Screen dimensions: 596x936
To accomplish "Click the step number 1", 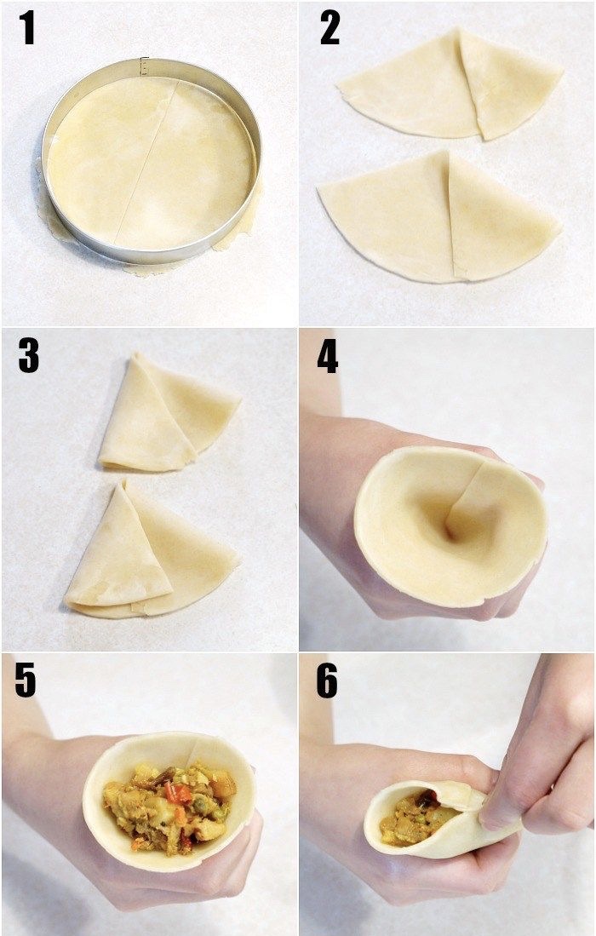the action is click(x=26, y=27).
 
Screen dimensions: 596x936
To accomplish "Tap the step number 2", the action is click(x=330, y=27).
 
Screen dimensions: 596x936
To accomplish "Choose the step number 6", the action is click(x=327, y=681).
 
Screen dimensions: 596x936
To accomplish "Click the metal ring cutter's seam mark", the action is click(x=144, y=66).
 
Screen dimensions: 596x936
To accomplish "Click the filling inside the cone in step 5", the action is click(x=170, y=801).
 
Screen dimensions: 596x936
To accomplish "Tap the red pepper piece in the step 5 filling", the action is click(x=180, y=793).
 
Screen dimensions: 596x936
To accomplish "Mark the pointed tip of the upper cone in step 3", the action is click(x=135, y=354).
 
